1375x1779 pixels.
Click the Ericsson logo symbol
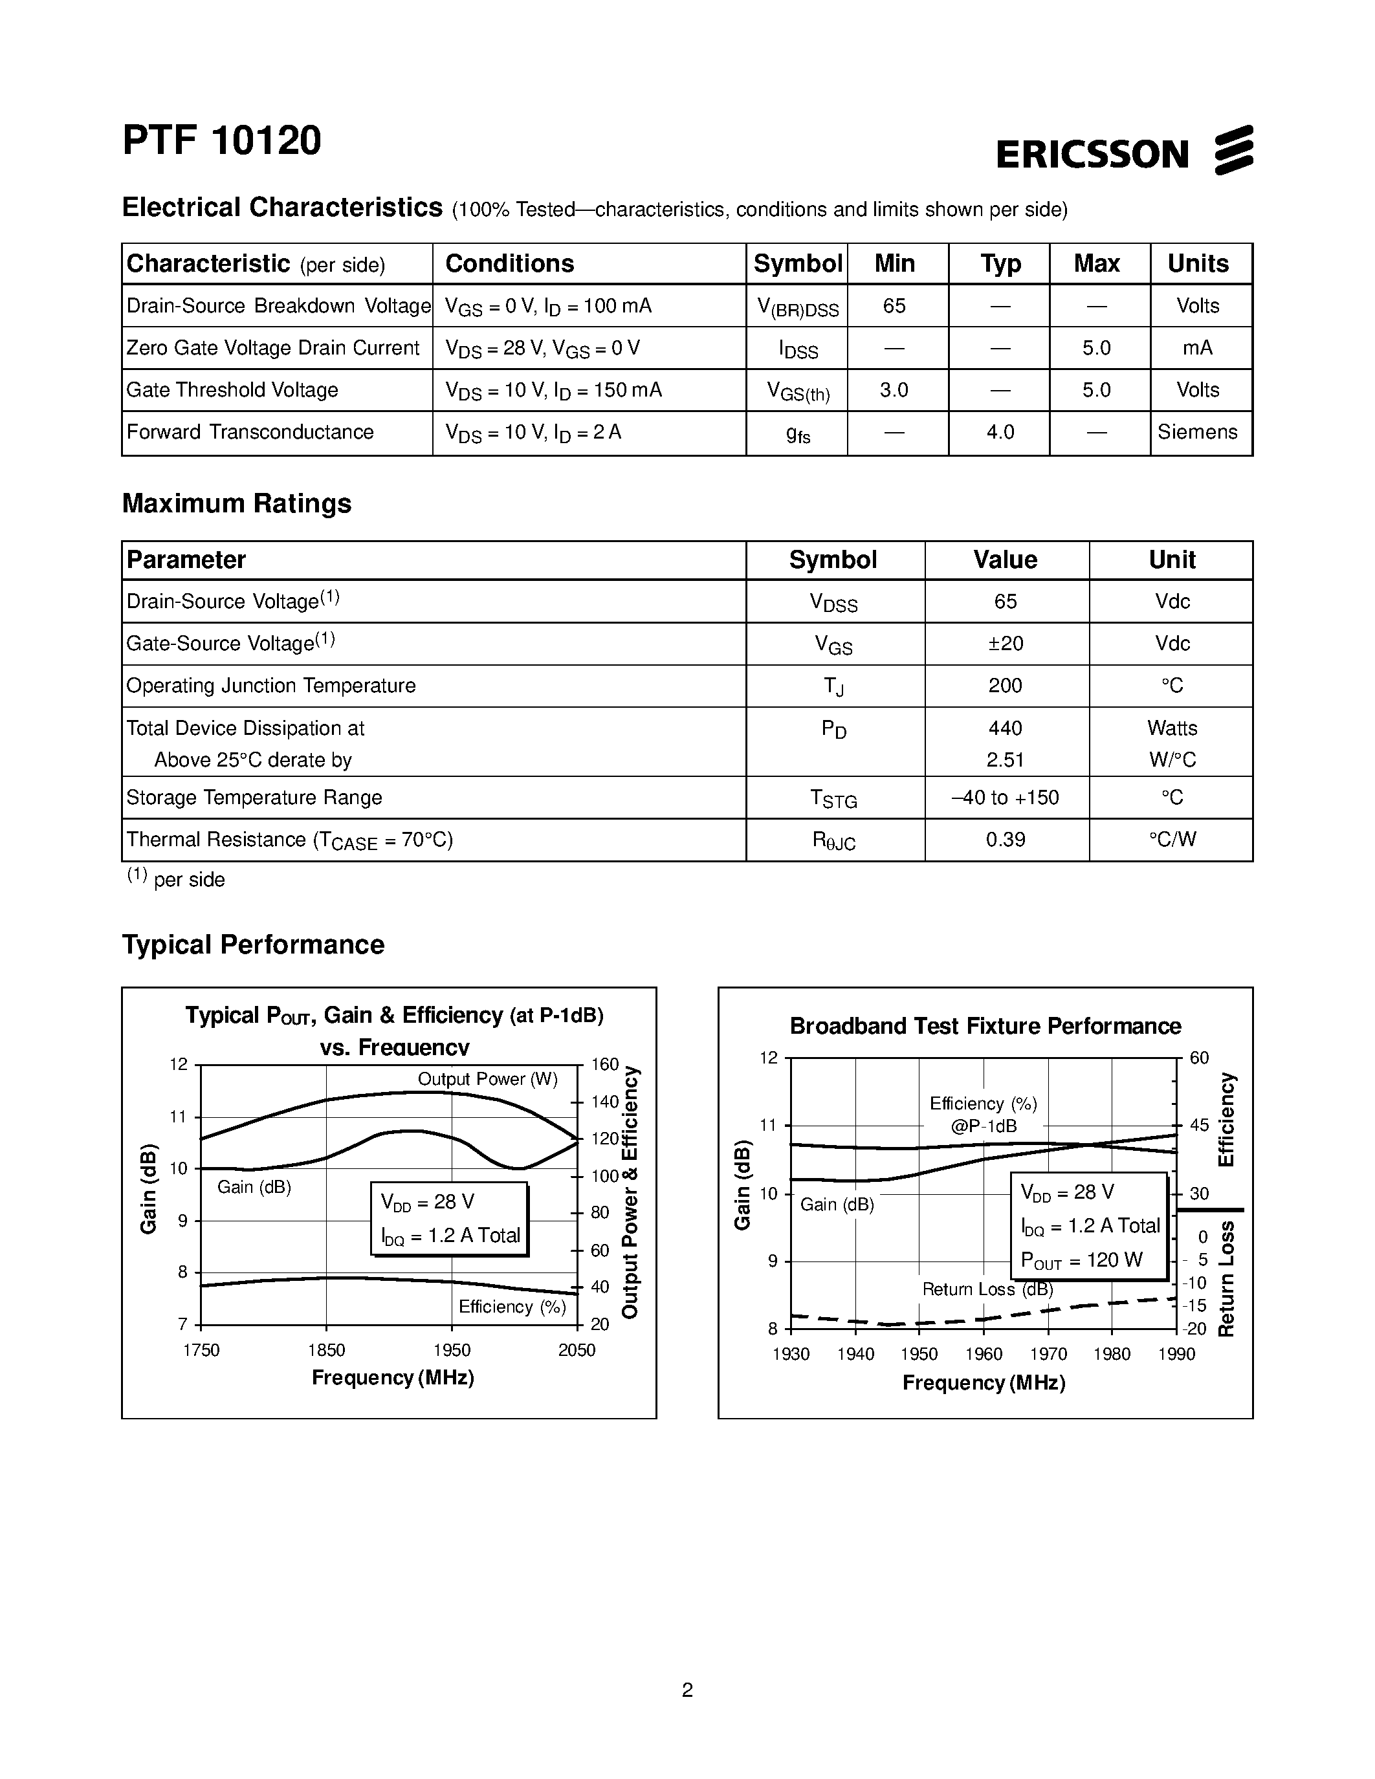pos(1233,150)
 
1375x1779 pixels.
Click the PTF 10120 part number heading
pos(221,140)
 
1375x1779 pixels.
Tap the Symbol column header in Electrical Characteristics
pos(797,264)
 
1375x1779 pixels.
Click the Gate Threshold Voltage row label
pos(232,390)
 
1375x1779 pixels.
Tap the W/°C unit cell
pos(1172,760)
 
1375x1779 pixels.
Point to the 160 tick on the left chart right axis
pos(604,1065)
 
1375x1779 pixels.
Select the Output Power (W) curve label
pos(487,1079)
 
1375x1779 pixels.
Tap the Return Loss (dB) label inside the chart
pos(987,1289)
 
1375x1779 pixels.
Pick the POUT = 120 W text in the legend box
pos(1082,1261)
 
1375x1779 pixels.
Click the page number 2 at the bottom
pos(687,1690)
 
